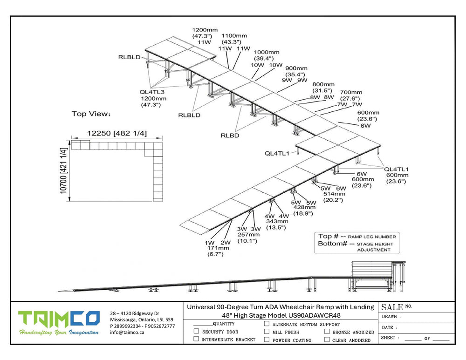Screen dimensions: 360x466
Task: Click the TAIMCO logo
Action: [59, 319]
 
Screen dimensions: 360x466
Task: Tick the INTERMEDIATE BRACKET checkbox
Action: [197, 340]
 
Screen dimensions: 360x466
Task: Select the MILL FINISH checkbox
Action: [267, 332]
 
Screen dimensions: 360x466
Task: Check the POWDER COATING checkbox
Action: [267, 340]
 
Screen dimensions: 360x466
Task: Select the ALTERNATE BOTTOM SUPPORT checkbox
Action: [267, 324]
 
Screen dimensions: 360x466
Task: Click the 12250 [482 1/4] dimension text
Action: [117, 133]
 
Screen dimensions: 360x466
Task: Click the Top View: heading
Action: [91, 114]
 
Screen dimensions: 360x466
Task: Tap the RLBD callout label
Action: [231, 136]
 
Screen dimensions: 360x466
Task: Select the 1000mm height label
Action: [267, 52]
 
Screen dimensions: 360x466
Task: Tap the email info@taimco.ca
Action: [127, 333]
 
